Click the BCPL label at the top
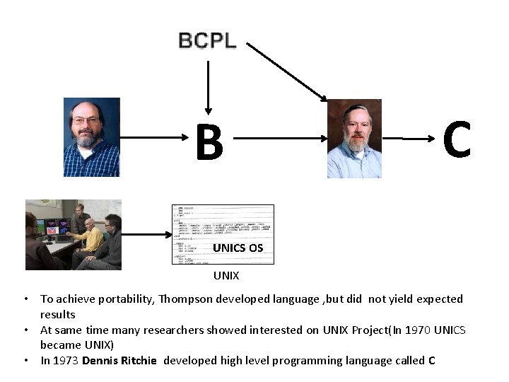point(207,40)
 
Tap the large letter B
point(209,142)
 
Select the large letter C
point(457,140)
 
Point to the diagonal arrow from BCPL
point(287,71)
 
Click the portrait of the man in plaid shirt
point(92,137)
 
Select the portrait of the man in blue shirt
point(354,139)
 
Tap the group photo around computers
point(74,234)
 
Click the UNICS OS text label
point(238,248)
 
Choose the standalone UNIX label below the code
point(226,274)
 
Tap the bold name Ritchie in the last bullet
point(140,361)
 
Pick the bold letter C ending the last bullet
point(431,361)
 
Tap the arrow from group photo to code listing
point(147,234)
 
